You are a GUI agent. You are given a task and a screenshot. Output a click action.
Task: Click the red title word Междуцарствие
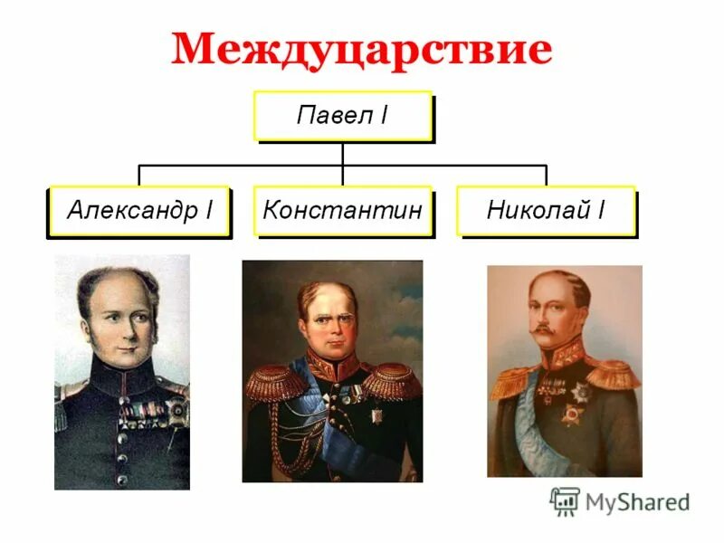point(361,50)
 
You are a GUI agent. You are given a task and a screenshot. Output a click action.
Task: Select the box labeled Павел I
point(342,115)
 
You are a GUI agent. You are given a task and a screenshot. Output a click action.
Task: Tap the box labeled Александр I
point(138,211)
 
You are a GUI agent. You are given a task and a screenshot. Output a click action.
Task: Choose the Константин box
point(342,211)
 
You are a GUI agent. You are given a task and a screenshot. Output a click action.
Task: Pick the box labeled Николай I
point(546,211)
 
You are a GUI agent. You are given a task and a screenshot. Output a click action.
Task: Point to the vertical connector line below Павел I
point(342,153)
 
